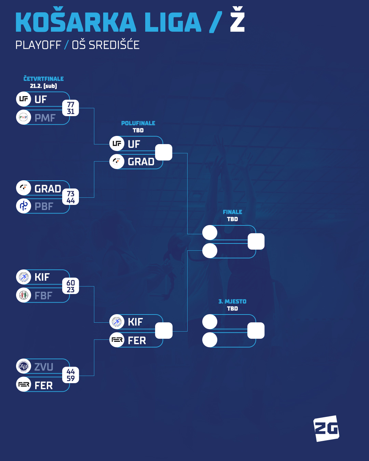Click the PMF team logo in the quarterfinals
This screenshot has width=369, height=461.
[x=24, y=117]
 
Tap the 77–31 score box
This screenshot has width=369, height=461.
[x=71, y=108]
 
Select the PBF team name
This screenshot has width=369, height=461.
[x=44, y=206]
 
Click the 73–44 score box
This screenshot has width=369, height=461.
[x=71, y=197]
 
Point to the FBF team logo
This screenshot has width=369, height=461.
[x=24, y=295]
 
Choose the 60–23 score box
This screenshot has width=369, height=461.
[x=71, y=286]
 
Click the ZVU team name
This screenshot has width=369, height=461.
[x=44, y=367]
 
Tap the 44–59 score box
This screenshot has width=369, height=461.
[x=71, y=375]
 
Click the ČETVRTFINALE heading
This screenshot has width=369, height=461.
[x=43, y=79]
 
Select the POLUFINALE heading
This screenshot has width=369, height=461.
[x=138, y=123]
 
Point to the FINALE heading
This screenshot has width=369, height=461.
[x=232, y=212]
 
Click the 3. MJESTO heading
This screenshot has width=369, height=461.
[x=232, y=302]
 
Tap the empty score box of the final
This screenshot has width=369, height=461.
[x=256, y=241]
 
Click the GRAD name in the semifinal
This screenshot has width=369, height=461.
[x=141, y=162]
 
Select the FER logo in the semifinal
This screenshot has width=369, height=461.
[x=117, y=340]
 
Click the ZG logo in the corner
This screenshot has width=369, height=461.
[x=326, y=428]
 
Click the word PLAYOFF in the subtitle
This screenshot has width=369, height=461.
[x=38, y=45]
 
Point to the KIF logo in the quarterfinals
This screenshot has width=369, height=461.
[x=24, y=277]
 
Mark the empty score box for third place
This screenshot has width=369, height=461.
[x=256, y=331]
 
